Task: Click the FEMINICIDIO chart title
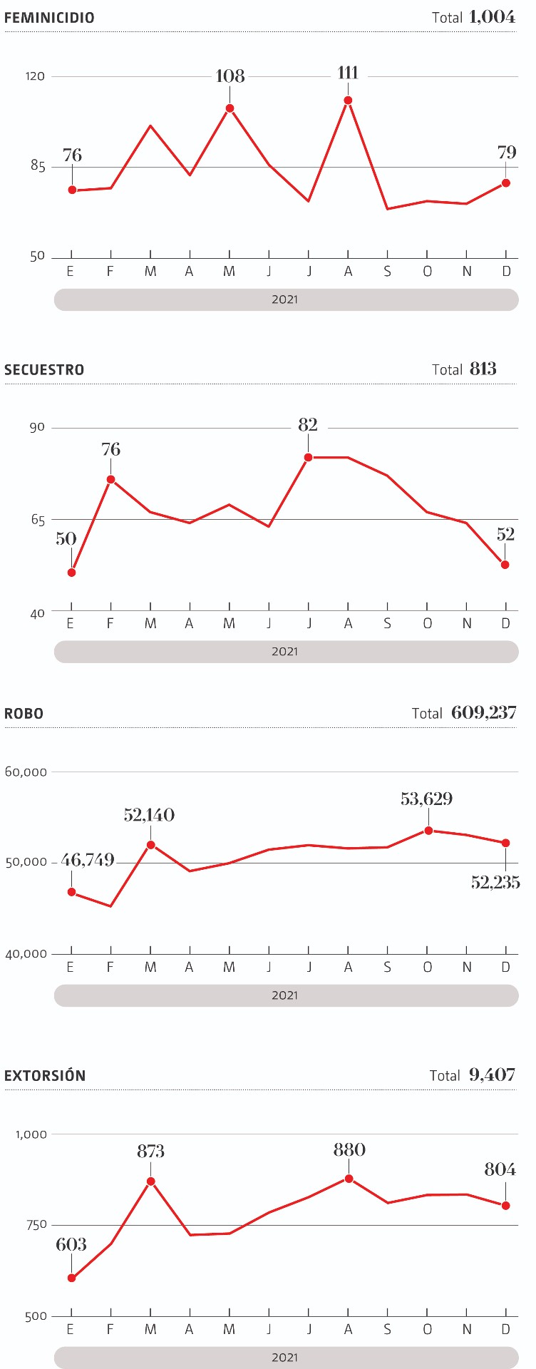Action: tap(49, 18)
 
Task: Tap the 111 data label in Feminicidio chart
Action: tap(348, 73)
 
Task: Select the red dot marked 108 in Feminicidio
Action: tap(230, 108)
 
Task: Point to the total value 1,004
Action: tap(493, 17)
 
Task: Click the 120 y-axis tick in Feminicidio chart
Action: tap(35, 76)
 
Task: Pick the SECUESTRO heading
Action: tap(44, 369)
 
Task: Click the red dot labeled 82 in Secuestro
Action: tap(309, 457)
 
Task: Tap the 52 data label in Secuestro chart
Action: tap(505, 534)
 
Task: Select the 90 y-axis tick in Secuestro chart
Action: tap(37, 427)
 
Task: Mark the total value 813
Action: tap(483, 369)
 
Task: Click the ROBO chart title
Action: tap(24, 714)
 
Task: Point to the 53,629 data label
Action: tap(426, 799)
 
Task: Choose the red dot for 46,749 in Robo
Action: tap(71, 892)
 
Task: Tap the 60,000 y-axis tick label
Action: tap(26, 771)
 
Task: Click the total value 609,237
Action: tap(484, 712)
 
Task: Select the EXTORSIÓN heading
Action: tap(45, 1076)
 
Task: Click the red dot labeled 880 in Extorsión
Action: tap(349, 1179)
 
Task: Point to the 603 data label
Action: tap(71, 1244)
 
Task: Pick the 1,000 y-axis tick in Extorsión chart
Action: tap(31, 1134)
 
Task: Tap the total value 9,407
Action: tap(493, 1075)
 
